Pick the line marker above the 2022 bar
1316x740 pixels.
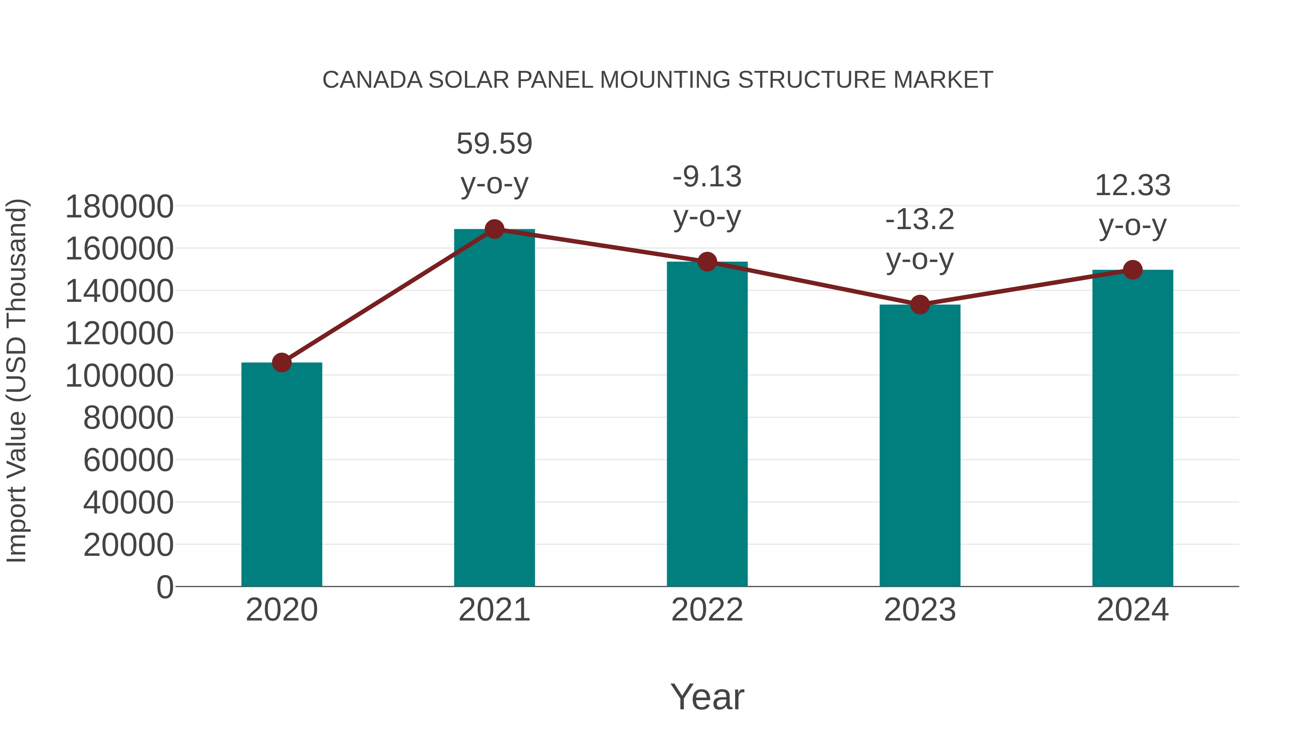(707, 262)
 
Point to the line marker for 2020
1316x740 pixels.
(281, 363)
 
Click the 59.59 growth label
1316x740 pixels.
(494, 144)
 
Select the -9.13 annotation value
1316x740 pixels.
(707, 177)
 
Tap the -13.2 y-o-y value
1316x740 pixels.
(920, 220)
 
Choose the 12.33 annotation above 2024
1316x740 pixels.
(1132, 185)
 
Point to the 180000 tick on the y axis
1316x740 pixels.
(120, 207)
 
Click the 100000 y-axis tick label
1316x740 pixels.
(120, 376)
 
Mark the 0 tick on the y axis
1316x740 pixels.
(165, 587)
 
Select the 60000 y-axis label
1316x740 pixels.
(128, 460)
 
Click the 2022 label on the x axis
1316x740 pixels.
(707, 610)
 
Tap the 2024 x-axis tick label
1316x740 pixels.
(1132, 610)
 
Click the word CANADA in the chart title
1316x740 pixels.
(373, 80)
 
